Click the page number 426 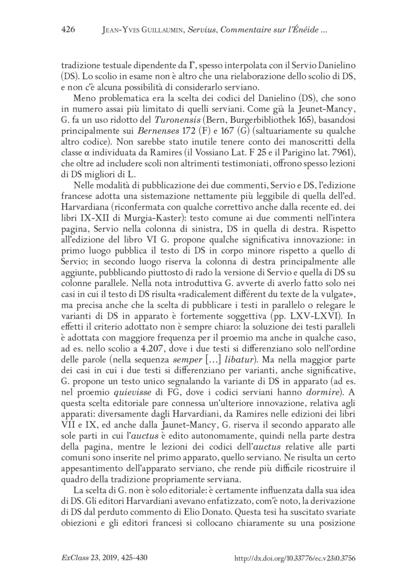(x=69, y=30)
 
